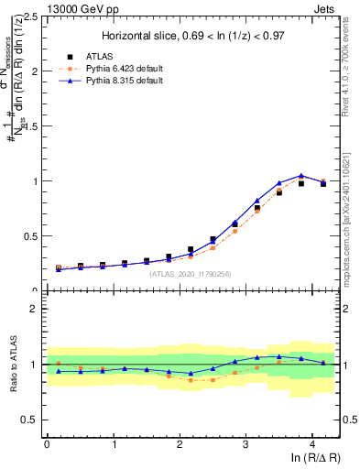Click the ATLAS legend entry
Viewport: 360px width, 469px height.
pyautogui.click(x=103, y=55)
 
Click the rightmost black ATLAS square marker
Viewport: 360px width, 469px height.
pyautogui.click(x=322, y=183)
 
